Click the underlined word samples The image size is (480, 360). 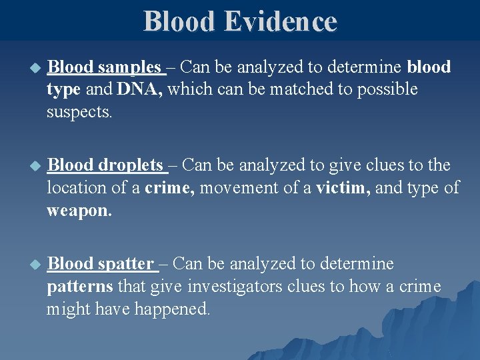(x=129, y=68)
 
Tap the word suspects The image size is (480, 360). (x=79, y=111)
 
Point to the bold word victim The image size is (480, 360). (x=345, y=189)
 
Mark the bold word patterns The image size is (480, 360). (x=80, y=287)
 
